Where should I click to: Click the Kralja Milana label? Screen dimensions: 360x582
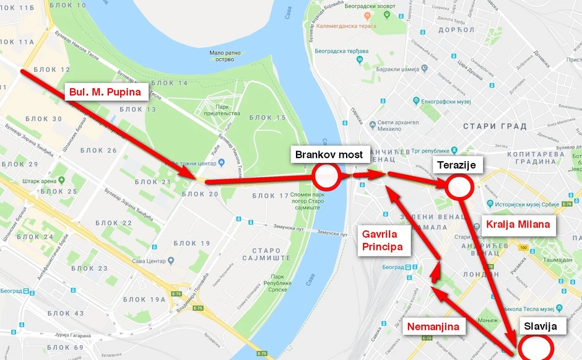pos(518,224)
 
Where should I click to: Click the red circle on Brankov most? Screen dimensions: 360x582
pos(326,177)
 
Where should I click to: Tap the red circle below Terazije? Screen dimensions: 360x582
pos(459,187)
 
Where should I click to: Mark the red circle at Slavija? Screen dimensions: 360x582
pos(534,347)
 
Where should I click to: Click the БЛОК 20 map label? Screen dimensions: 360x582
pos(201,194)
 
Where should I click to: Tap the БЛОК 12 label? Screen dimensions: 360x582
pos(52,69)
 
